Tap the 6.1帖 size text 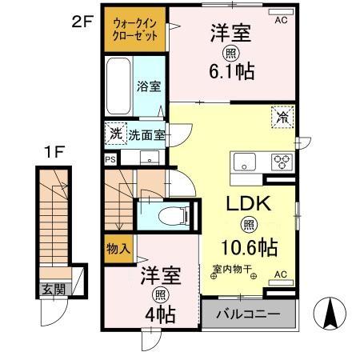pyautogui.click(x=232, y=72)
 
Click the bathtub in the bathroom pyautogui.click(x=118, y=86)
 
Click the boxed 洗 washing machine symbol pyautogui.click(x=114, y=134)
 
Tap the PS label pyautogui.click(x=110, y=159)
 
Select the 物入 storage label pyautogui.click(x=118, y=249)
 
